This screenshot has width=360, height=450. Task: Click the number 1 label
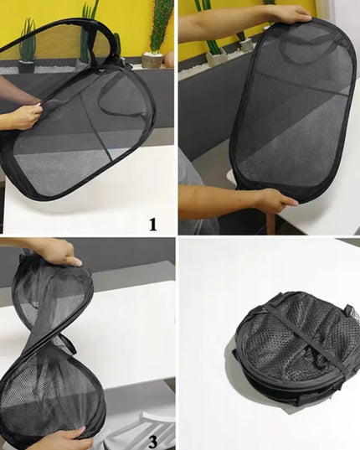153,225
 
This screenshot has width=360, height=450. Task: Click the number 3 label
153,442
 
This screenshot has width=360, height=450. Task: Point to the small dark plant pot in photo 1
26,66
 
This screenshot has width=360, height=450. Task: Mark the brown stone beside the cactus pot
168,59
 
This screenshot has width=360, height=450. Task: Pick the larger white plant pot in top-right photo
216,58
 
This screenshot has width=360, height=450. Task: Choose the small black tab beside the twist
72,347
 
